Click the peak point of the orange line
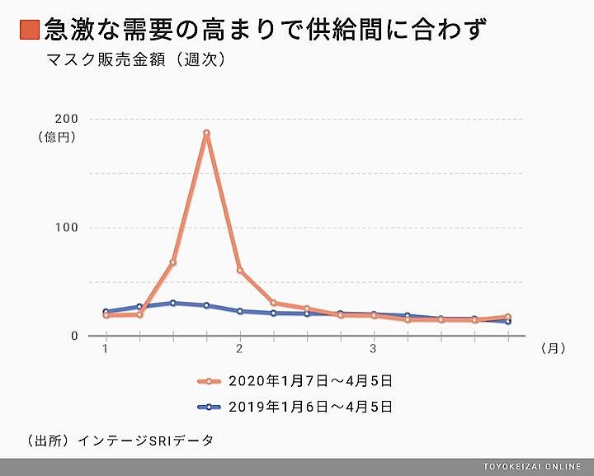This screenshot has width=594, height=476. pos(206,133)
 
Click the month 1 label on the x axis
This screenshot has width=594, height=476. pos(106,349)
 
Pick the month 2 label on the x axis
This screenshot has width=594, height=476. pos(240,349)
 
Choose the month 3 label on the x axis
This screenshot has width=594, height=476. pos(374,349)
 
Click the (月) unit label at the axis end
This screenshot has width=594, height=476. pos(553,349)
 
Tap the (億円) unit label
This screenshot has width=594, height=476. pos(58,138)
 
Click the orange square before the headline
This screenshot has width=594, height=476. pos(29,31)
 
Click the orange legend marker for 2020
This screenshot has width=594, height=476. pos(210,381)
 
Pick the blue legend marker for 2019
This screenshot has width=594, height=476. pos(210,406)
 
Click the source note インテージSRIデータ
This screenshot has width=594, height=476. pos(145,441)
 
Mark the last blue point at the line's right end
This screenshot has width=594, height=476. pos(508,321)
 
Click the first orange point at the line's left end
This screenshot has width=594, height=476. pos(106,315)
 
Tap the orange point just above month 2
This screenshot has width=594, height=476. pos(240,271)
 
